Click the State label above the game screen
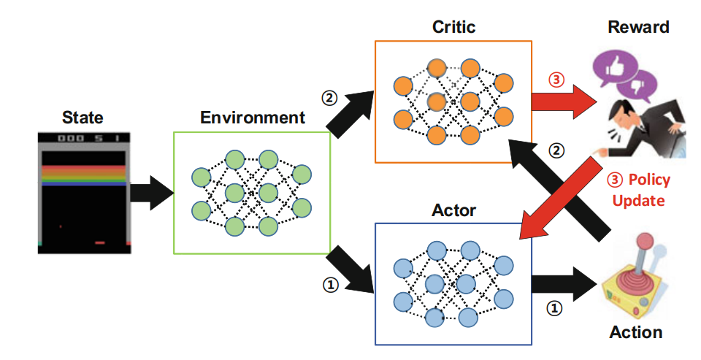tap(83, 118)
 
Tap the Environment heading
tap(253, 118)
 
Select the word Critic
tap(453, 27)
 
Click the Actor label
tap(453, 211)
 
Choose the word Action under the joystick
tap(636, 332)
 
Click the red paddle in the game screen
tap(100, 242)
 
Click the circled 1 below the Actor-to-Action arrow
tap(555, 308)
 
